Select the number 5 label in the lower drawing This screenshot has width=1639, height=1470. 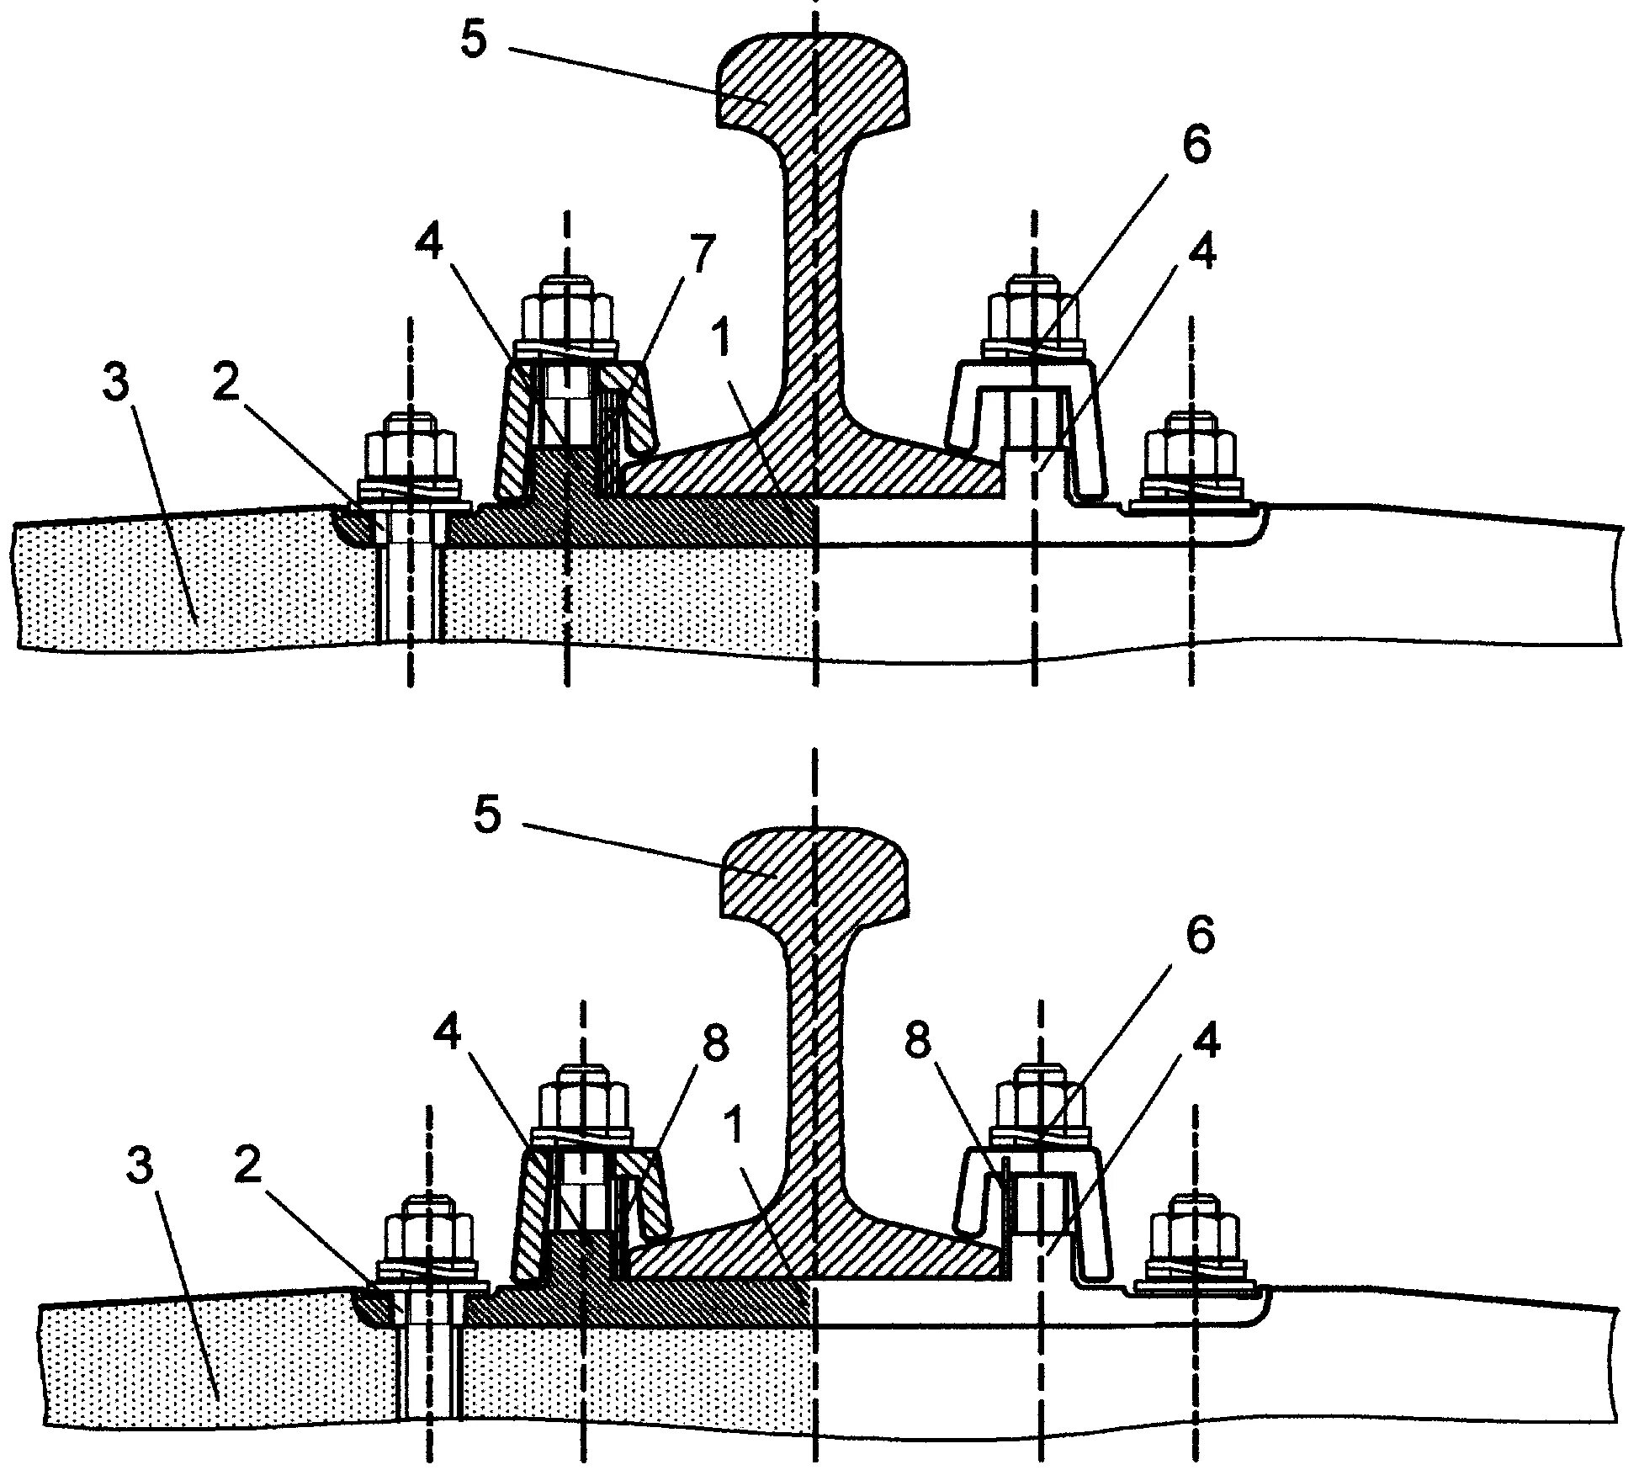click(x=488, y=816)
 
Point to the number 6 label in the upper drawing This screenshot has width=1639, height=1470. click(x=1196, y=145)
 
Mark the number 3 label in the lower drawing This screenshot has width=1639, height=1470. click(x=140, y=1167)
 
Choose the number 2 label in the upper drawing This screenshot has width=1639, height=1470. click(x=225, y=383)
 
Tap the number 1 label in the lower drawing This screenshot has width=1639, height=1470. click(x=735, y=1129)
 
